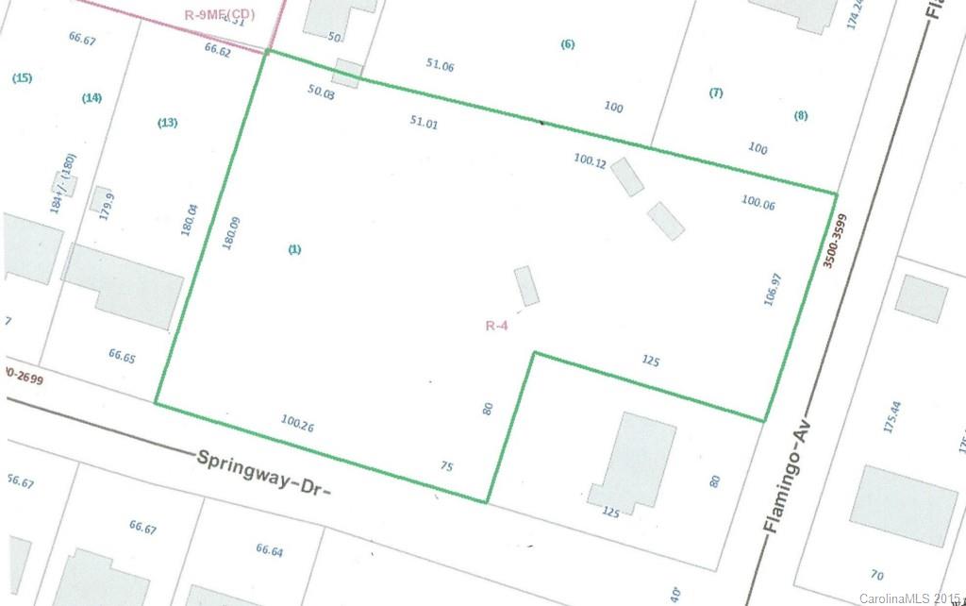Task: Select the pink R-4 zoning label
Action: [x=499, y=326]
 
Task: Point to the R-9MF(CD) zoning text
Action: [x=218, y=15]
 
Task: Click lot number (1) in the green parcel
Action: [x=294, y=249]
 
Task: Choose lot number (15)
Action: [x=22, y=78]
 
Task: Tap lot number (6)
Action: [x=567, y=44]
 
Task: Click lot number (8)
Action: [x=801, y=116]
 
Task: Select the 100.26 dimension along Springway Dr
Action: [x=297, y=425]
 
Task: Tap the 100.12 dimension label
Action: [x=590, y=160]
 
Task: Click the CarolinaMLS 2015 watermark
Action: [x=910, y=598]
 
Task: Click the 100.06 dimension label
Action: [x=758, y=202]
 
